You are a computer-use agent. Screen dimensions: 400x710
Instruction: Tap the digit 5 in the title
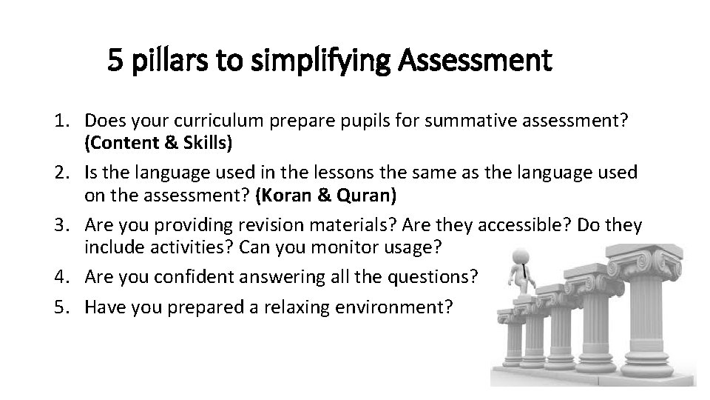pos(115,59)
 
